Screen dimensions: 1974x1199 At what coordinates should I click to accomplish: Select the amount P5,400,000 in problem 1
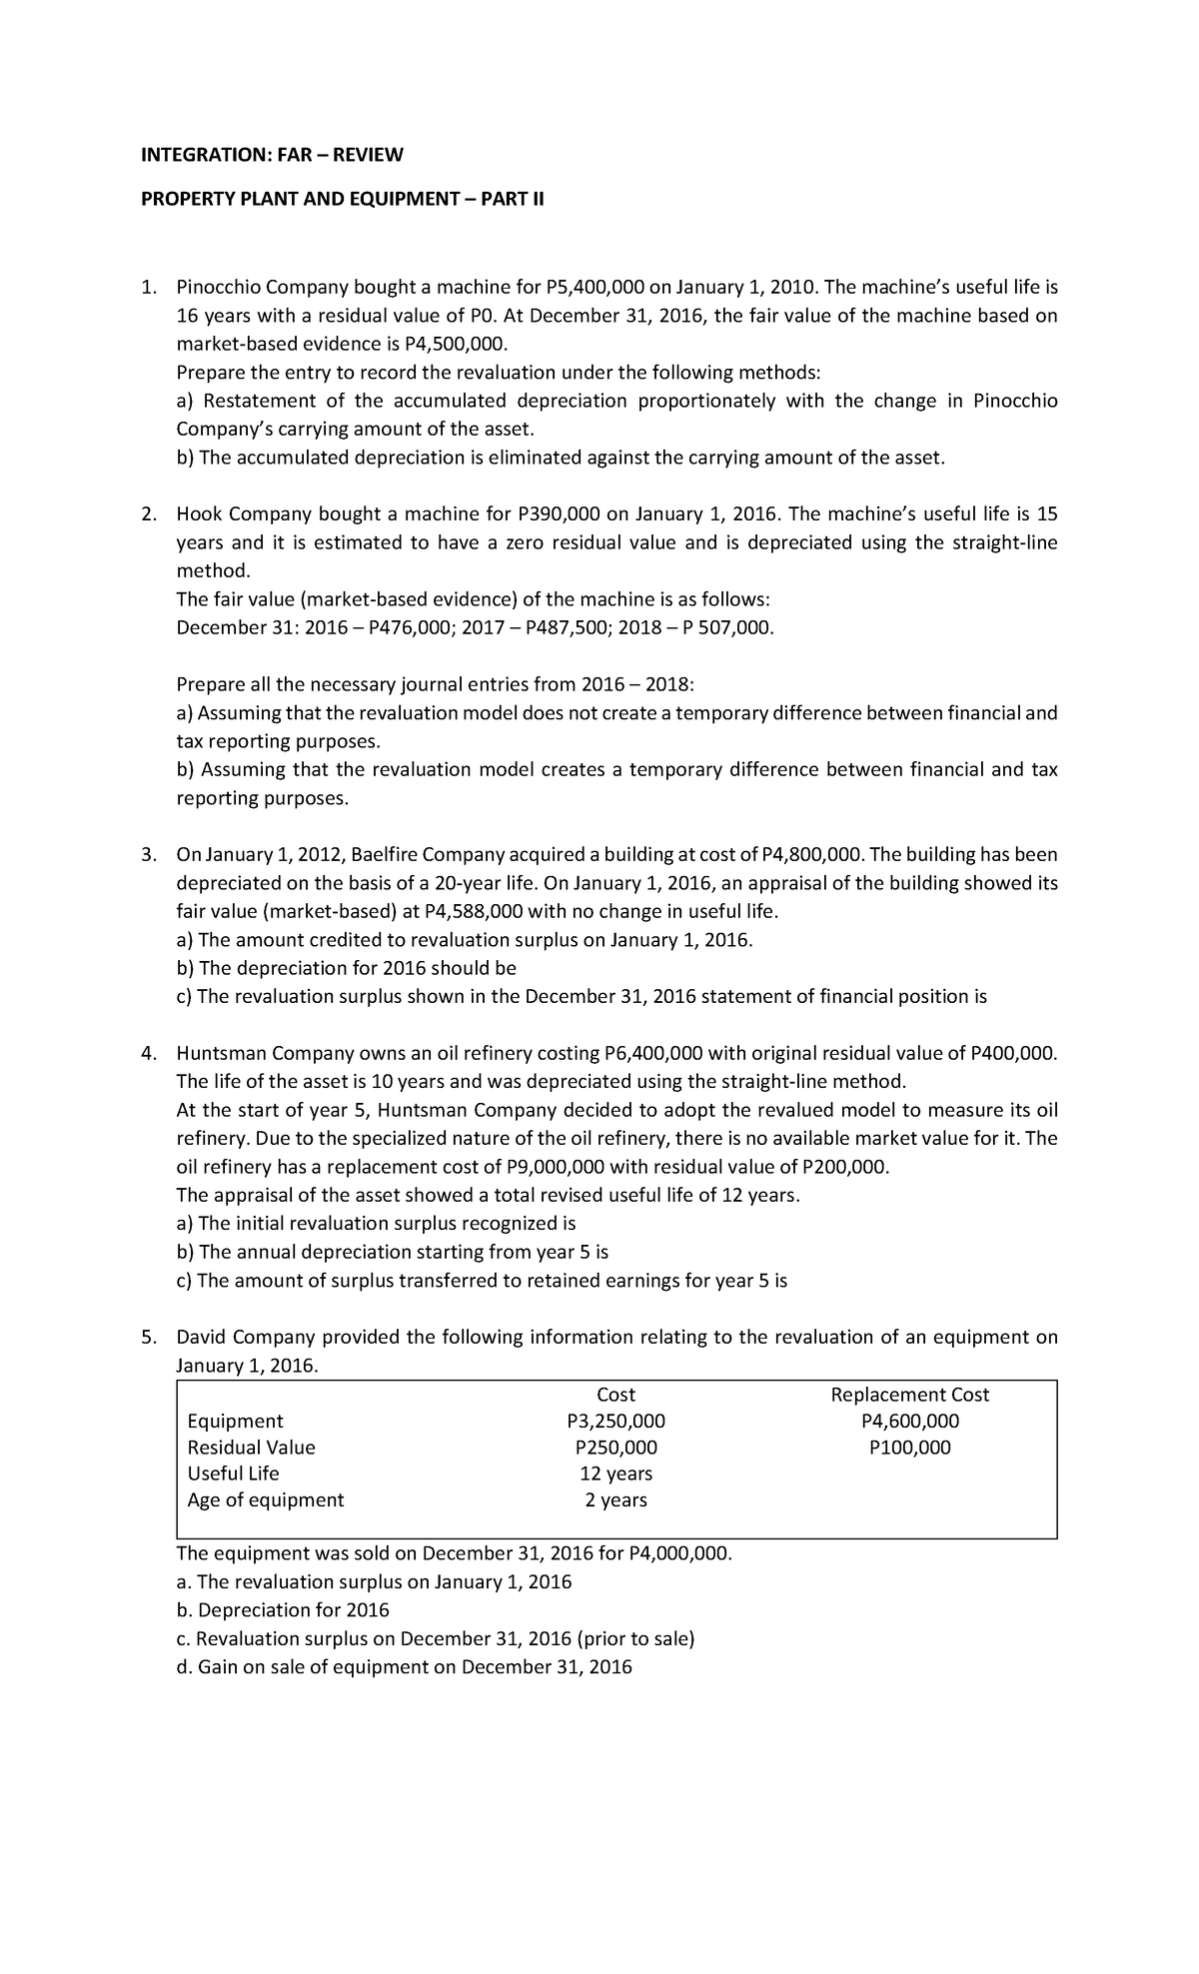596,288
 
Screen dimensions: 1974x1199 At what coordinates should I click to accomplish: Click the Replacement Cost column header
909,1395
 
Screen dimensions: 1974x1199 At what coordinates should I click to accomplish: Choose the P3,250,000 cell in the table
615,1422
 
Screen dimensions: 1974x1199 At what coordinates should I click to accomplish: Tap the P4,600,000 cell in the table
909,1422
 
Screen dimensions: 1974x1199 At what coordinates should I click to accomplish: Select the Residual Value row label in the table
251,1448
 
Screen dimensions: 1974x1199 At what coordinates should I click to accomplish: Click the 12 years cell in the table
615,1474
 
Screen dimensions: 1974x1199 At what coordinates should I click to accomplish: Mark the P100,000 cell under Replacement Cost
909,1448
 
